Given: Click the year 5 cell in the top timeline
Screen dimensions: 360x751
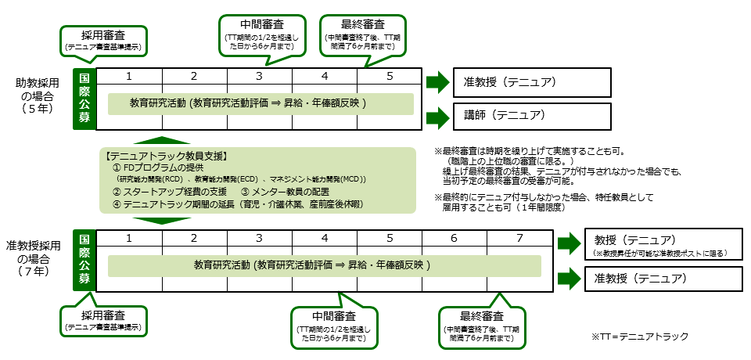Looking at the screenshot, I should [390, 76].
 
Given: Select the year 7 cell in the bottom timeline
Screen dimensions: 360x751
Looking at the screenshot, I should [519, 237].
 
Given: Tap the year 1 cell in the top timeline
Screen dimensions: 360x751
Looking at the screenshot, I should [128, 76].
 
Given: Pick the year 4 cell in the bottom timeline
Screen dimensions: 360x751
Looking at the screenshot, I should [324, 237].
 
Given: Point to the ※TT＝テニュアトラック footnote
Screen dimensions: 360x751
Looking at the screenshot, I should [640, 337].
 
